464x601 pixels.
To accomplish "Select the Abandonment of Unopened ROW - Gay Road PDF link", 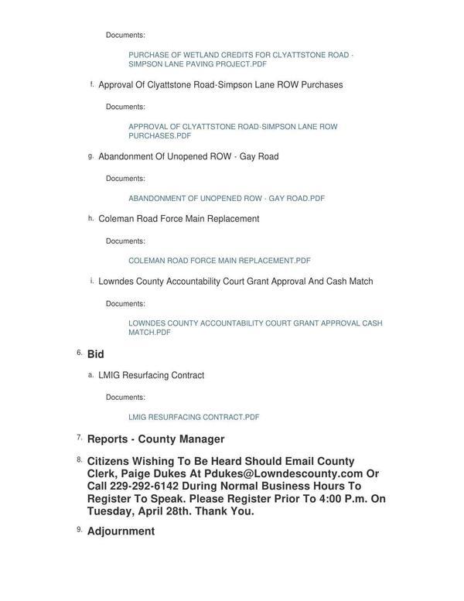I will coord(226,198).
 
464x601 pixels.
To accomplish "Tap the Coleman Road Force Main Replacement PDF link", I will coord(219,261).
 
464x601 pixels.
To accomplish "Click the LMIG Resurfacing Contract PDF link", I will coord(193,417).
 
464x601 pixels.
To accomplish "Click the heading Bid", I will coord(95,354).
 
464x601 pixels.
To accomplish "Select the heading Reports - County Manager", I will coord(155,439).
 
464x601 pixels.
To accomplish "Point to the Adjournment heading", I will coord(121,531).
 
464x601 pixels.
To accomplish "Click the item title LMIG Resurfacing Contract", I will coord(151,375).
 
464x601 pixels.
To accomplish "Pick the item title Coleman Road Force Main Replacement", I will coord(179,219).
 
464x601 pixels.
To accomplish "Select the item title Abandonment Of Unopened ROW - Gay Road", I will coord(188,156).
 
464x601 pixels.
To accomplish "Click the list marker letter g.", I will coord(90,156).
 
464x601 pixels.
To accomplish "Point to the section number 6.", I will coord(79,353).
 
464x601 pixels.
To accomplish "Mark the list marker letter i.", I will coord(91,281).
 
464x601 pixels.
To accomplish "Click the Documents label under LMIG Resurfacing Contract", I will coord(125,397).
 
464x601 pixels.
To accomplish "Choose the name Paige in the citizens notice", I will coord(141,473).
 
